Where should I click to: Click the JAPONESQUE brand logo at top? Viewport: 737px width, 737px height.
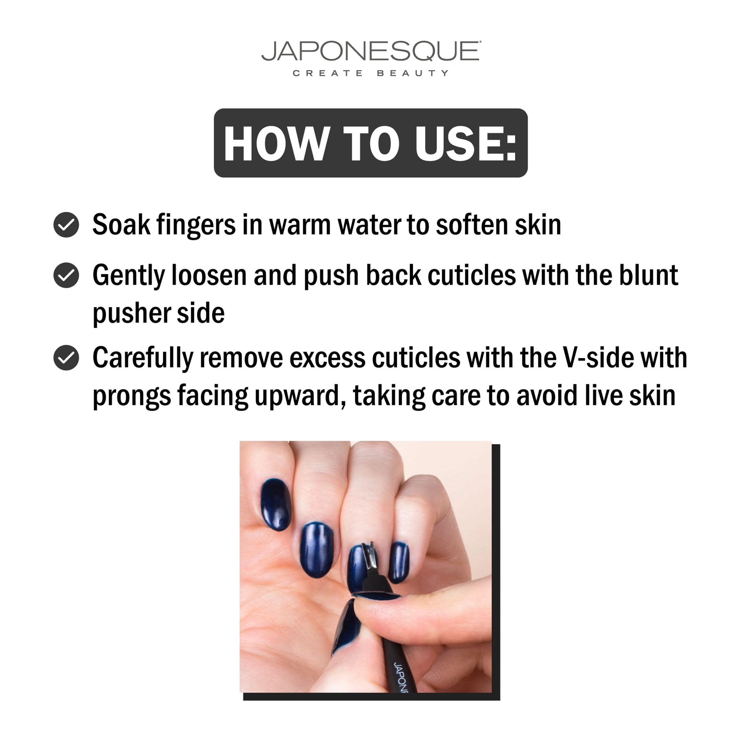tap(371, 51)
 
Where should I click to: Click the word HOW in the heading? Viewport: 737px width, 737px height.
tap(277, 143)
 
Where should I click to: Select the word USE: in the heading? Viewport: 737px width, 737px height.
tap(466, 143)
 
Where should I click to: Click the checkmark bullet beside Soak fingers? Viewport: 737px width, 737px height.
tap(66, 225)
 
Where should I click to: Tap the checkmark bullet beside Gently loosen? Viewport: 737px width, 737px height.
tap(66, 275)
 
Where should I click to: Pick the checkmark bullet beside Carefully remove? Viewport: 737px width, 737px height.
tap(66, 357)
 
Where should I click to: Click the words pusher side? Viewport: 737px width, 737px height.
tap(159, 314)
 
